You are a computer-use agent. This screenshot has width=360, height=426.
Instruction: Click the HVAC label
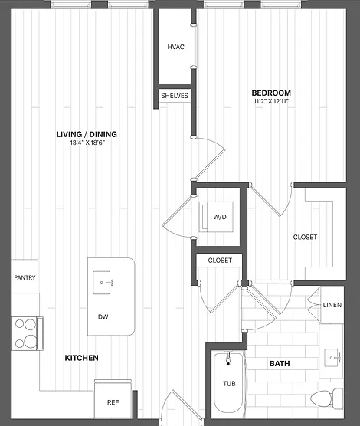[176, 47]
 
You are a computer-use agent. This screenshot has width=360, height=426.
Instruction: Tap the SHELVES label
[175, 96]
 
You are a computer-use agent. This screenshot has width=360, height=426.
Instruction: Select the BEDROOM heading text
[271, 93]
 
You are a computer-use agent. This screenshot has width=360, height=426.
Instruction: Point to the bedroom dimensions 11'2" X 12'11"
[271, 102]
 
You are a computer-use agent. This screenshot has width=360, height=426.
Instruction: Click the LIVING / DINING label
[87, 134]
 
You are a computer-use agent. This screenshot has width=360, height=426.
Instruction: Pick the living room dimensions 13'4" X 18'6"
[87, 143]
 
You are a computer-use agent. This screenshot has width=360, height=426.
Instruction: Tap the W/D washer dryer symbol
[216, 217]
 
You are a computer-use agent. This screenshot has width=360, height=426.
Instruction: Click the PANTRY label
[25, 277]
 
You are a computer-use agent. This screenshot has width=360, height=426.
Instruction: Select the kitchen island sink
[102, 283]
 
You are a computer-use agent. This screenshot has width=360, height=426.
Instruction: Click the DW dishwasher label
[103, 316]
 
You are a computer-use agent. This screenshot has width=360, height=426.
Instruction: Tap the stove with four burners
[27, 333]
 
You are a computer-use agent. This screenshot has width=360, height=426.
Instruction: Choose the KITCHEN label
[81, 358]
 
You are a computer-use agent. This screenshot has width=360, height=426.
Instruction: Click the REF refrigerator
[113, 399]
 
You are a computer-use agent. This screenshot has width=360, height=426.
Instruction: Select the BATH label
[280, 363]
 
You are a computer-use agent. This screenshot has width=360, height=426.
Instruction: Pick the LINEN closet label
[332, 305]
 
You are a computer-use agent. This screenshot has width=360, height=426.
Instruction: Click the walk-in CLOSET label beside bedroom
[305, 238]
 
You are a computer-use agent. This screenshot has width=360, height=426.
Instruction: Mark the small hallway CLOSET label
[220, 261]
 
